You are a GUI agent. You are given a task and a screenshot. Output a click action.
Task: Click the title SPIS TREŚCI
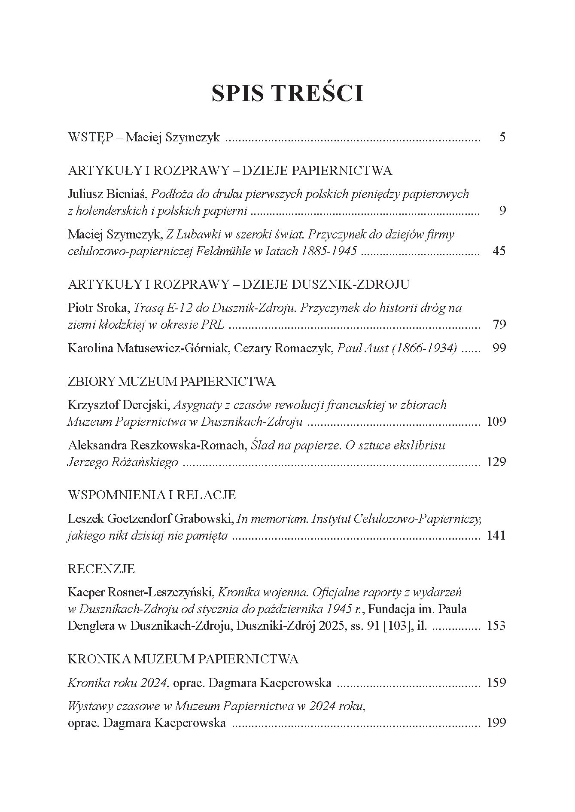click(x=287, y=93)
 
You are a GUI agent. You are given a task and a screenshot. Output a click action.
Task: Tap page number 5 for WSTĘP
click(x=502, y=137)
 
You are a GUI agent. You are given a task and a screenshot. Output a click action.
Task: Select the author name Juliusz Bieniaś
click(x=108, y=194)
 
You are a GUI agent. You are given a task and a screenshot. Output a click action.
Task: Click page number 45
click(x=499, y=251)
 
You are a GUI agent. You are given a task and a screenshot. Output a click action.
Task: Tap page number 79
click(x=499, y=324)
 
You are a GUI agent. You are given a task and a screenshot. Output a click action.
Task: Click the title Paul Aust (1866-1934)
click(x=397, y=348)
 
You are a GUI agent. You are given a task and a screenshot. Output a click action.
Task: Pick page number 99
click(x=499, y=348)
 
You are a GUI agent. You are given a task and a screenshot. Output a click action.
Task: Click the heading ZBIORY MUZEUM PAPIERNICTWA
click(x=171, y=382)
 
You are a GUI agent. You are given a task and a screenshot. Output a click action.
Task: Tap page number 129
click(x=496, y=462)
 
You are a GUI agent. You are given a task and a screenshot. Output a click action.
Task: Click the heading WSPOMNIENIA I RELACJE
click(x=152, y=495)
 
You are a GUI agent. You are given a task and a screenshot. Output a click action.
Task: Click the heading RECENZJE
click(x=101, y=569)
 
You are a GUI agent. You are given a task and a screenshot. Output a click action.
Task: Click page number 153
click(x=496, y=626)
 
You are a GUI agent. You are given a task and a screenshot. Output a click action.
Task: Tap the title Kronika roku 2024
click(x=117, y=683)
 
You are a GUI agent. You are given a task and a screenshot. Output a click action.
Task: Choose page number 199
click(x=496, y=723)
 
